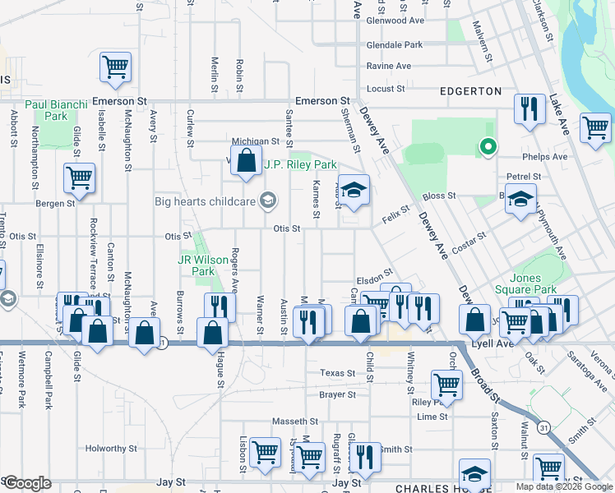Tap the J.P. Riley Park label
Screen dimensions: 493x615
click(300, 164)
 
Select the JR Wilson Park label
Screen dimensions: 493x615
click(202, 265)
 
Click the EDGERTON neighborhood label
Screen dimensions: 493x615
click(471, 91)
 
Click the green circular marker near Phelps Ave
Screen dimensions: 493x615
click(488, 148)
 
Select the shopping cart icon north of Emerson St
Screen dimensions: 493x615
click(115, 67)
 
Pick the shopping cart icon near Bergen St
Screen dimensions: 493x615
click(79, 177)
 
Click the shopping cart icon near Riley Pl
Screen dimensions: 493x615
click(446, 383)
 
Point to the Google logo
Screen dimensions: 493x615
click(26, 483)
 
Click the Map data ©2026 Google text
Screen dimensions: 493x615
click(563, 486)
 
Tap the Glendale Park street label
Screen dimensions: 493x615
click(394, 45)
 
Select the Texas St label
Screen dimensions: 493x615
click(337, 373)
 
